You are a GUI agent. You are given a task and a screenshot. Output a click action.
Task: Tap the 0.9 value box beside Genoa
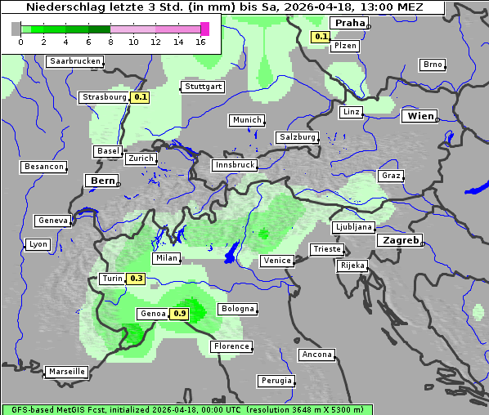click(180, 314)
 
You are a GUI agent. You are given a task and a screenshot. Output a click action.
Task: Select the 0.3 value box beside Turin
click(137, 279)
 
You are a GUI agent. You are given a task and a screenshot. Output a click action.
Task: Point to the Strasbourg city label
click(105, 97)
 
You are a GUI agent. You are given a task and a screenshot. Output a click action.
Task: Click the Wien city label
click(421, 116)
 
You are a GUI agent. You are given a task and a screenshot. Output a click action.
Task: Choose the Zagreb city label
click(399, 240)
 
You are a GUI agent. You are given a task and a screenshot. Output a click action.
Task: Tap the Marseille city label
click(66, 372)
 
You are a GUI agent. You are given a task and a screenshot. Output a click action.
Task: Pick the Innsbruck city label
click(234, 165)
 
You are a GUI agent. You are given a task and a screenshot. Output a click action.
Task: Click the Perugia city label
click(276, 381)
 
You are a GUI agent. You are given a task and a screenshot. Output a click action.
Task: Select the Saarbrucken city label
click(75, 61)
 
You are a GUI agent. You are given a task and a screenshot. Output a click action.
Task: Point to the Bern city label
click(102, 181)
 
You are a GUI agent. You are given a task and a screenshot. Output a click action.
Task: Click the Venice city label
click(276, 261)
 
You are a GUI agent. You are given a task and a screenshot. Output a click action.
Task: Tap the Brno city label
click(433, 65)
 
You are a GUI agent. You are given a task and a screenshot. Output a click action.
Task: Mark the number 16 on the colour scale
click(200, 42)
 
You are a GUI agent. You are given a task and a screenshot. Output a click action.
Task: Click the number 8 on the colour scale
click(110, 42)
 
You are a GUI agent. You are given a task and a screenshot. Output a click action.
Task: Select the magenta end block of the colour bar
click(204, 29)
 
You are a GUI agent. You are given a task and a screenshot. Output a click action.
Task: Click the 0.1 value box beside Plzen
click(321, 37)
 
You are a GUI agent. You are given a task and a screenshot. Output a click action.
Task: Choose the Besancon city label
click(44, 167)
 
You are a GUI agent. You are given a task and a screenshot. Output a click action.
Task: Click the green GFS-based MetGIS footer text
click(186, 409)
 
